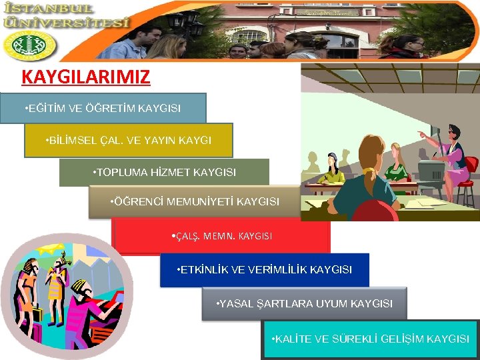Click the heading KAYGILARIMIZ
click(x=85, y=77)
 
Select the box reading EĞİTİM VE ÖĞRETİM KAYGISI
click(x=103, y=108)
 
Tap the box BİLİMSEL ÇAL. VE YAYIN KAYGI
click(x=129, y=141)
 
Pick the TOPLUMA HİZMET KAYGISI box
click(x=164, y=173)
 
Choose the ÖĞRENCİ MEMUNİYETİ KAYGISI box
click(x=194, y=201)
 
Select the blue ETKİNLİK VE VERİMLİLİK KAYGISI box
click(x=264, y=270)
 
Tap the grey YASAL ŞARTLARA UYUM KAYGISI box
click(x=304, y=304)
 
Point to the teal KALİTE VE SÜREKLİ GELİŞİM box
click(x=370, y=339)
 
